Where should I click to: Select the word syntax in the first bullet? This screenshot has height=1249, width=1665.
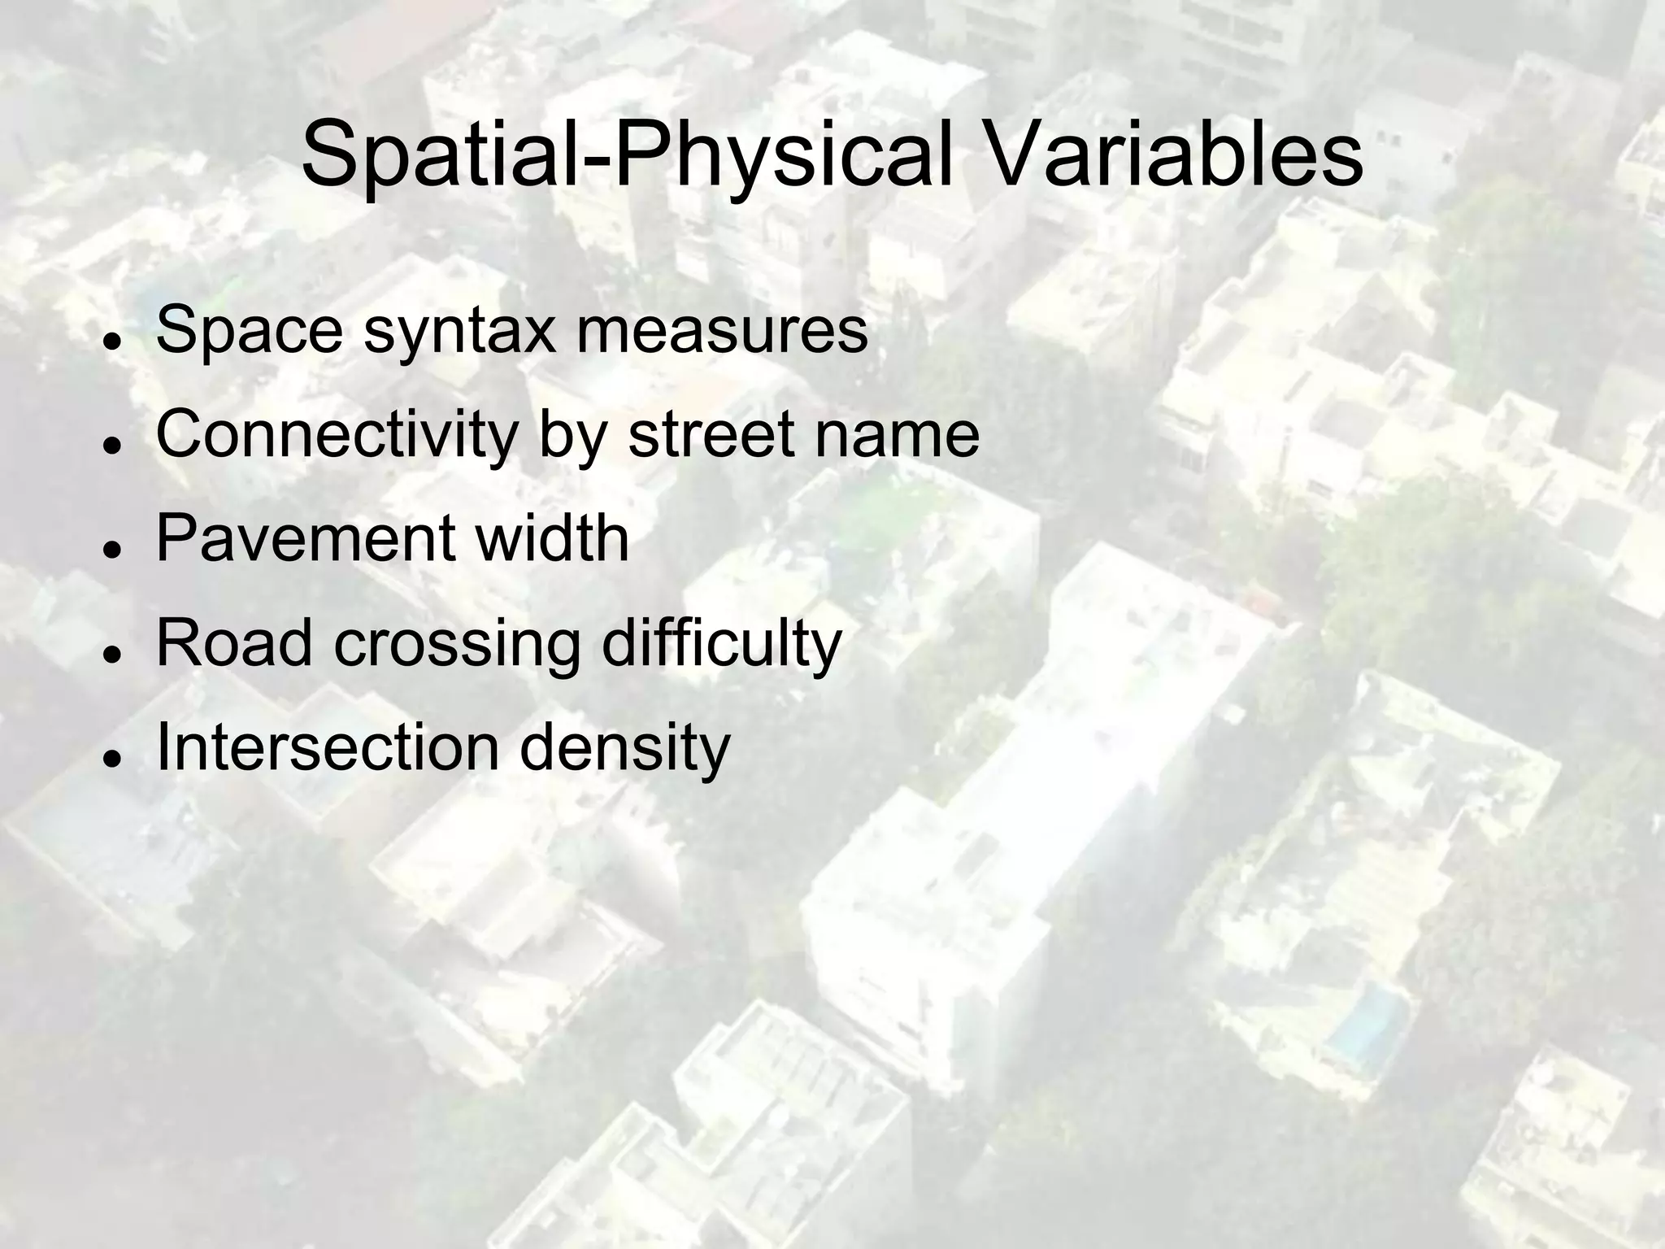click(x=459, y=332)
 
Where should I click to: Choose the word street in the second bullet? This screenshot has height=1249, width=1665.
click(x=711, y=434)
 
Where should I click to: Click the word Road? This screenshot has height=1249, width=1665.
click(x=234, y=642)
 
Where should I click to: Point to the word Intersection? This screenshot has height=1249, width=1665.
click(x=328, y=746)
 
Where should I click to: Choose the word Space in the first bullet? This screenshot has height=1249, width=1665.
click(x=249, y=332)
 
